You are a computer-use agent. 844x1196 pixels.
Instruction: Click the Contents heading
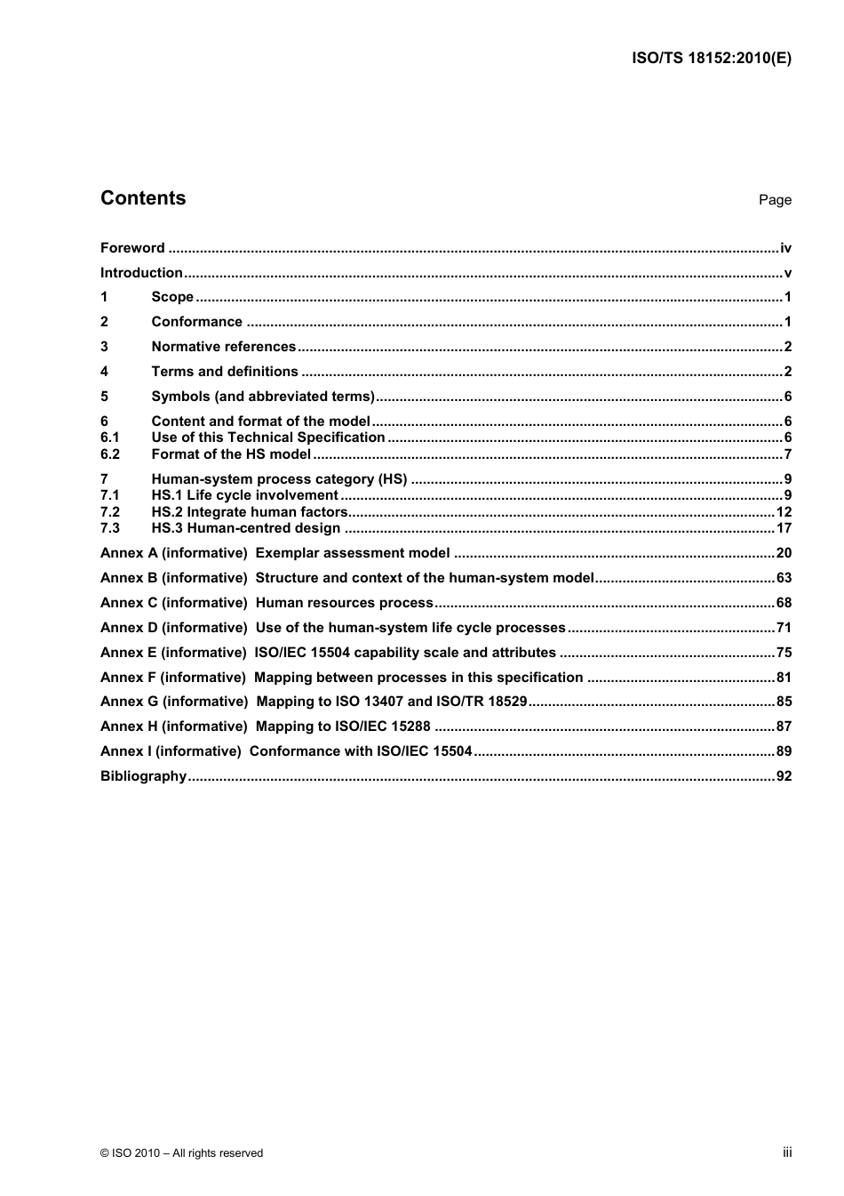coord(143,198)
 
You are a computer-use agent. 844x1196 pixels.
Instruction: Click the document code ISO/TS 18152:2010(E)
coord(711,59)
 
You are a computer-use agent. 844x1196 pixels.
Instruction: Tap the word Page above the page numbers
coord(775,200)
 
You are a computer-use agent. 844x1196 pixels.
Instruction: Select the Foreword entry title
coord(132,248)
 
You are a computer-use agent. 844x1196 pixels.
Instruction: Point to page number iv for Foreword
coord(785,248)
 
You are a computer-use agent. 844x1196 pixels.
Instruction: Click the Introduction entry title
coord(141,273)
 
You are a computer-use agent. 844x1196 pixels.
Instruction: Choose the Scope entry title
coord(172,297)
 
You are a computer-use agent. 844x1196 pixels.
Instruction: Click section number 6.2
coord(110,454)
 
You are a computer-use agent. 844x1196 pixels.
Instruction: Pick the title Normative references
coord(224,347)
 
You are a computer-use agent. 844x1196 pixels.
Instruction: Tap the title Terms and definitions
coord(225,372)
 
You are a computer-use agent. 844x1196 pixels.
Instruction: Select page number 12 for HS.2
coord(784,512)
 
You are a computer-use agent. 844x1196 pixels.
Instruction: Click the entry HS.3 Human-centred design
coord(246,528)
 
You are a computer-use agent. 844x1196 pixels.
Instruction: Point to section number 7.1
coord(110,495)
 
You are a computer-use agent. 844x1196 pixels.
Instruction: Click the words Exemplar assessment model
coord(353,553)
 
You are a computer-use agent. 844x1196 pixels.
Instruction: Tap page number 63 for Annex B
coord(784,578)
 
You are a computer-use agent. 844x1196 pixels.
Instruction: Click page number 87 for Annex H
coord(784,726)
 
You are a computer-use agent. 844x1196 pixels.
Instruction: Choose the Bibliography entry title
coord(143,776)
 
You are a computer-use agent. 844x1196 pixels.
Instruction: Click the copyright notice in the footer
coord(182,1153)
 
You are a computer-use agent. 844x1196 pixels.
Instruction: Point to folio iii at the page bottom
coord(787,1152)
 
